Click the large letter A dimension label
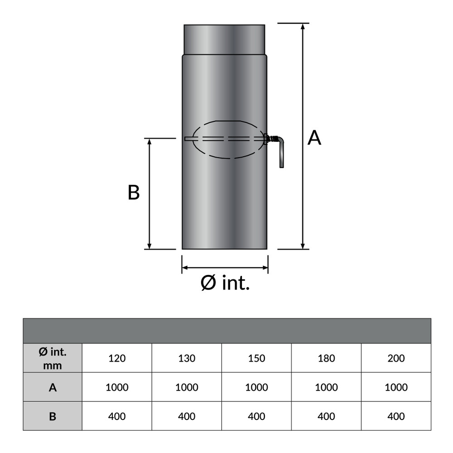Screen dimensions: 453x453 coord(314,138)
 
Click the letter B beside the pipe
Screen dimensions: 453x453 coord(133,193)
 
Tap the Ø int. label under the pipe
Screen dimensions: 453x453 coord(225,284)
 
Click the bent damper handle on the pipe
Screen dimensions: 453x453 coord(281,152)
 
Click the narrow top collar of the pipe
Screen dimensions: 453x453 coord(224,39)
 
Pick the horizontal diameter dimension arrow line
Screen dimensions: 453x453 coord(225,267)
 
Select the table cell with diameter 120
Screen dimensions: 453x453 coord(117,358)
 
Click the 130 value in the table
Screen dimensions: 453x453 coord(187,358)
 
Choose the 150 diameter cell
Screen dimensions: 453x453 coord(256,358)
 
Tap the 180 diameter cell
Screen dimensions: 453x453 coord(326,358)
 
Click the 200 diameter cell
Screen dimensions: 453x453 coord(396,358)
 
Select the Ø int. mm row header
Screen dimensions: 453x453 coord(53,358)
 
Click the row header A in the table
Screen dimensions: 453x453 coord(53,387)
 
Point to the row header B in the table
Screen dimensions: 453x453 coord(53,416)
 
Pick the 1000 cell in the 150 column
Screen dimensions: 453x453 coord(256,387)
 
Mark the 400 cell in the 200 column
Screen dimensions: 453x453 coord(396,416)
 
